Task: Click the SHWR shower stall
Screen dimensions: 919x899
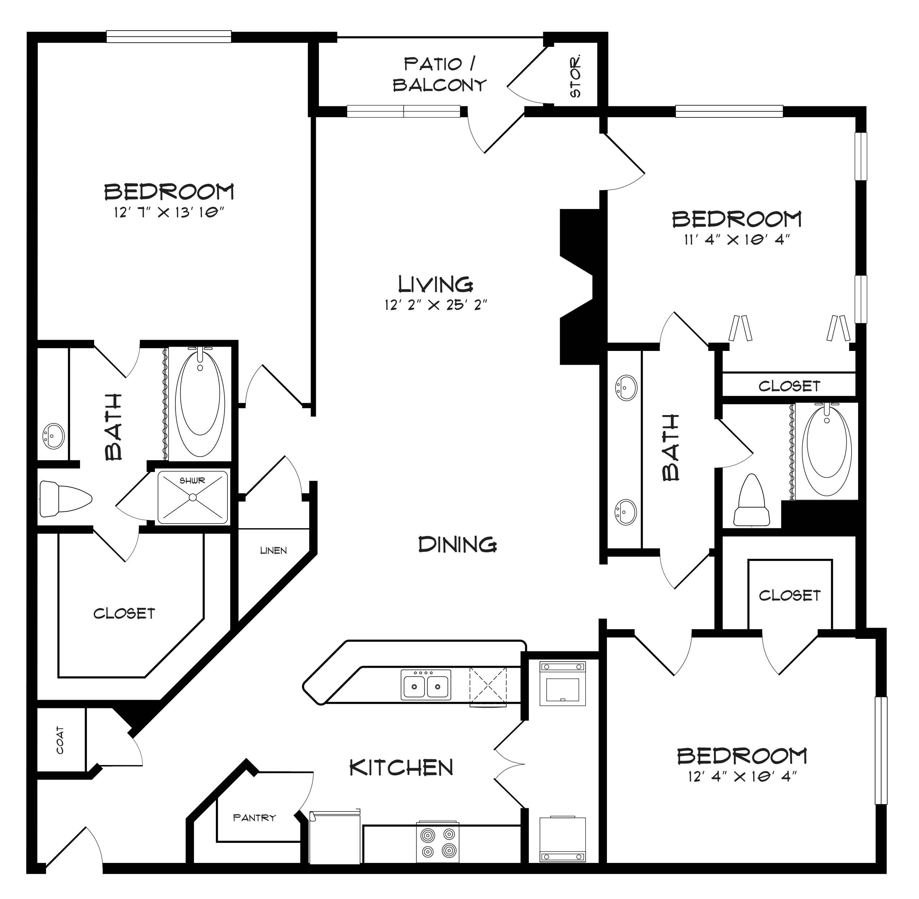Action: pos(193,497)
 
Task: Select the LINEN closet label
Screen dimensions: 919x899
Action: pos(274,551)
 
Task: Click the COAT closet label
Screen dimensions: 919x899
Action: pos(60,740)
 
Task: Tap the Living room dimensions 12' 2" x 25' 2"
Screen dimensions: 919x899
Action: pos(435,305)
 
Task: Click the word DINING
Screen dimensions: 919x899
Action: pos(457,545)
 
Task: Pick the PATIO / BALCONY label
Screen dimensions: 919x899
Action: pos(439,75)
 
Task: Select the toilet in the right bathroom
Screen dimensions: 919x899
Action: pos(751,500)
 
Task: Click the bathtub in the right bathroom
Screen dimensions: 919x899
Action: pos(826,451)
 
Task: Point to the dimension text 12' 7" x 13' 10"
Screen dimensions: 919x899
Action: pos(168,213)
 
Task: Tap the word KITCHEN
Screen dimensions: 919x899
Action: pos(401,768)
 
